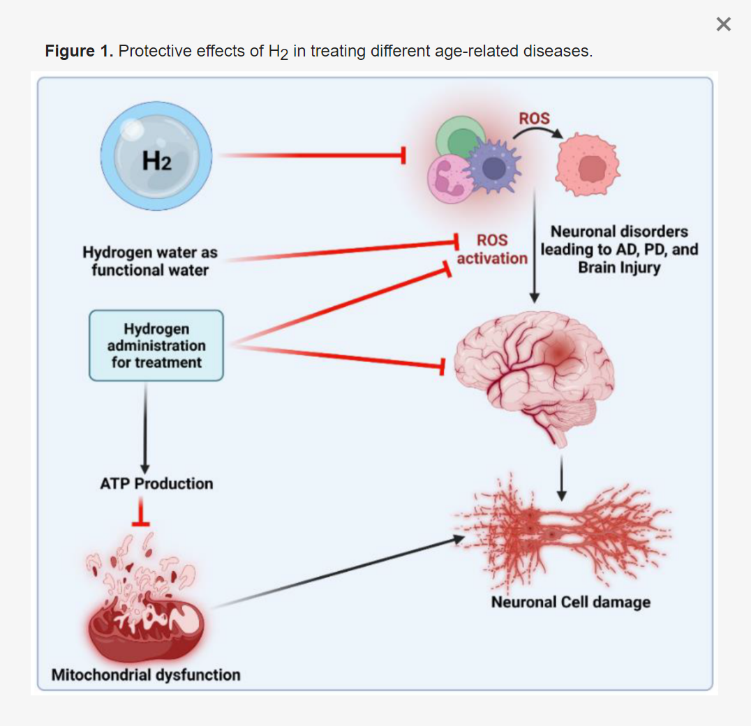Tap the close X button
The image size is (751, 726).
tap(724, 25)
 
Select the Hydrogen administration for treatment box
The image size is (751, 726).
tap(156, 346)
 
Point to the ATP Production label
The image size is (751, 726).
tap(156, 483)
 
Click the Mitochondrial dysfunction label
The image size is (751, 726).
tap(146, 674)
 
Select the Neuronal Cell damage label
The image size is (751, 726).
tap(570, 602)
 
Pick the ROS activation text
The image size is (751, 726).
tap(492, 250)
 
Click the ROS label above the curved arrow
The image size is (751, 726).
tap(534, 119)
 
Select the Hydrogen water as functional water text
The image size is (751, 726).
tap(150, 261)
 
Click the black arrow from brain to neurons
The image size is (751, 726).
tap(562, 479)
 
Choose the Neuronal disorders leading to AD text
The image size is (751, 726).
tap(619, 249)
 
